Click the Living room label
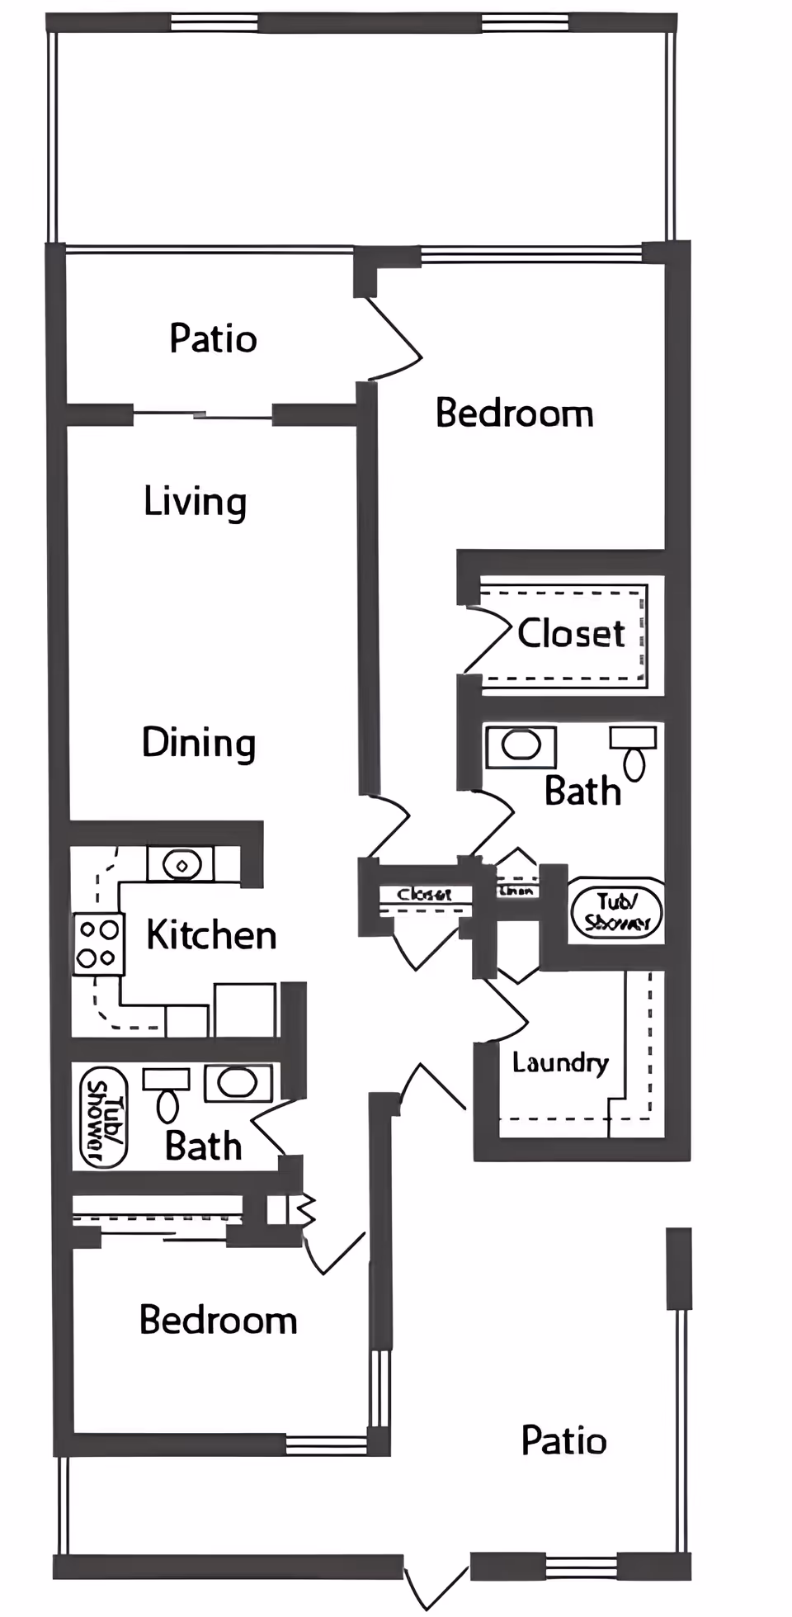pos(195,502)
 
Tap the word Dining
pos(198,743)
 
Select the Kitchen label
pos(211,935)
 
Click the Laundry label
pos(560,1062)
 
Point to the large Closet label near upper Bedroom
pos(571,634)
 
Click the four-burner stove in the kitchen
pos(98,944)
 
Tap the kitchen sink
pos(181,864)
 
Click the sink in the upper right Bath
pos(521,745)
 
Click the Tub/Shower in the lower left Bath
pos(102,1118)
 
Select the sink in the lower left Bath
pos(238,1083)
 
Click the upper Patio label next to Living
pos(213,338)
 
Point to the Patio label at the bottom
pos(563,1441)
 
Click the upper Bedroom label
pos(514,414)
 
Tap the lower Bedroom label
pos(218,1320)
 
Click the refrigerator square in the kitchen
pos(244,1009)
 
